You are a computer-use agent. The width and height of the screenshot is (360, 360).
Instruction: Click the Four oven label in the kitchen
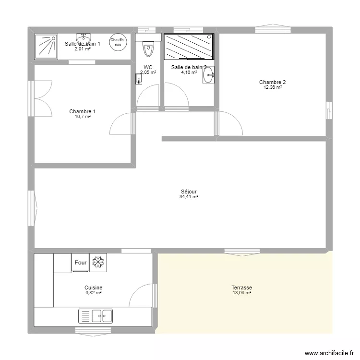tap(81, 263)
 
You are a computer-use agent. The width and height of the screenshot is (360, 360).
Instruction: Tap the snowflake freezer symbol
tap(98, 263)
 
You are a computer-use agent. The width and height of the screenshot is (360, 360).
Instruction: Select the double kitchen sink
tap(96, 315)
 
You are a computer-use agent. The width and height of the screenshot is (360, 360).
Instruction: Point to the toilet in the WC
tap(148, 48)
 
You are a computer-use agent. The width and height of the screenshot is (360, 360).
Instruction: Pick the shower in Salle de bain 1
tap(46, 46)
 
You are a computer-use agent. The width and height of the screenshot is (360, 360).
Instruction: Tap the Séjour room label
tap(189, 192)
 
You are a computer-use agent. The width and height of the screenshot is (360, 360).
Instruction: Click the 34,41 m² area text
tap(189, 197)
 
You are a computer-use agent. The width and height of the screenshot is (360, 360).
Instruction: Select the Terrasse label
tap(241, 288)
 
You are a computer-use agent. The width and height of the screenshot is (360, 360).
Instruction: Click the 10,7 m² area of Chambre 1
tap(82, 117)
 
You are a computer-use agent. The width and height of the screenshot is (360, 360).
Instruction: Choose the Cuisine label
tap(93, 288)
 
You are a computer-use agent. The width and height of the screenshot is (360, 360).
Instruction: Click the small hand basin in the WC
tap(139, 81)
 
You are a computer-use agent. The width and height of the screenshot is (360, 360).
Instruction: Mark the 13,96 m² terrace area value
tap(241, 293)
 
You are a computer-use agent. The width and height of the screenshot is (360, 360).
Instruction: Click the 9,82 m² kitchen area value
tap(93, 293)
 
